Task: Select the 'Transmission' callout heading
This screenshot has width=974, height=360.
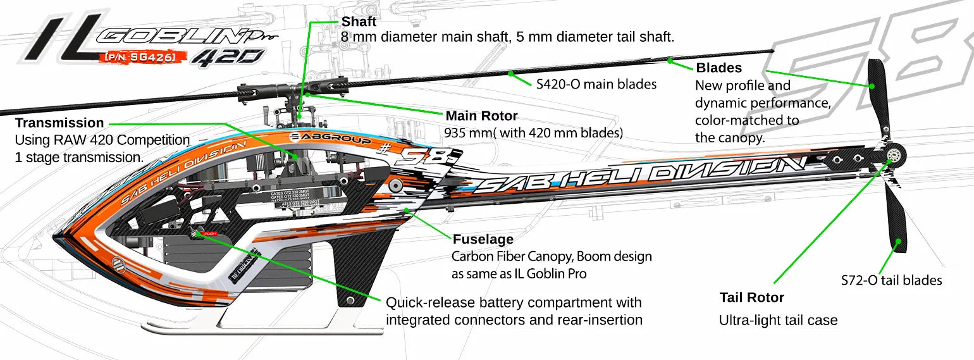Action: (x=59, y=123)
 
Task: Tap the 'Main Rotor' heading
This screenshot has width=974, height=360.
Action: (x=481, y=116)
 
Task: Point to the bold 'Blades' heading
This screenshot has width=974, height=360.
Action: (x=718, y=68)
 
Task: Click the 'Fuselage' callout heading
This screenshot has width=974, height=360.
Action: (x=483, y=240)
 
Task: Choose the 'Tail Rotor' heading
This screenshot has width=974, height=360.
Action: (x=751, y=297)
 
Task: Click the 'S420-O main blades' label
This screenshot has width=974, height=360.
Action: (x=596, y=84)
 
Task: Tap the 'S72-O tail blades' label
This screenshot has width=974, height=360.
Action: (x=891, y=280)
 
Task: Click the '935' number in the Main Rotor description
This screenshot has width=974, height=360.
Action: (x=455, y=133)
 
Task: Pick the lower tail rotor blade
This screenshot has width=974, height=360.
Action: (x=897, y=215)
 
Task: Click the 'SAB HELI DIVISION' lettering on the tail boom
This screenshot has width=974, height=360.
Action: (x=639, y=174)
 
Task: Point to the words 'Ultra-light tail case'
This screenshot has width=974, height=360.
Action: (x=778, y=321)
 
